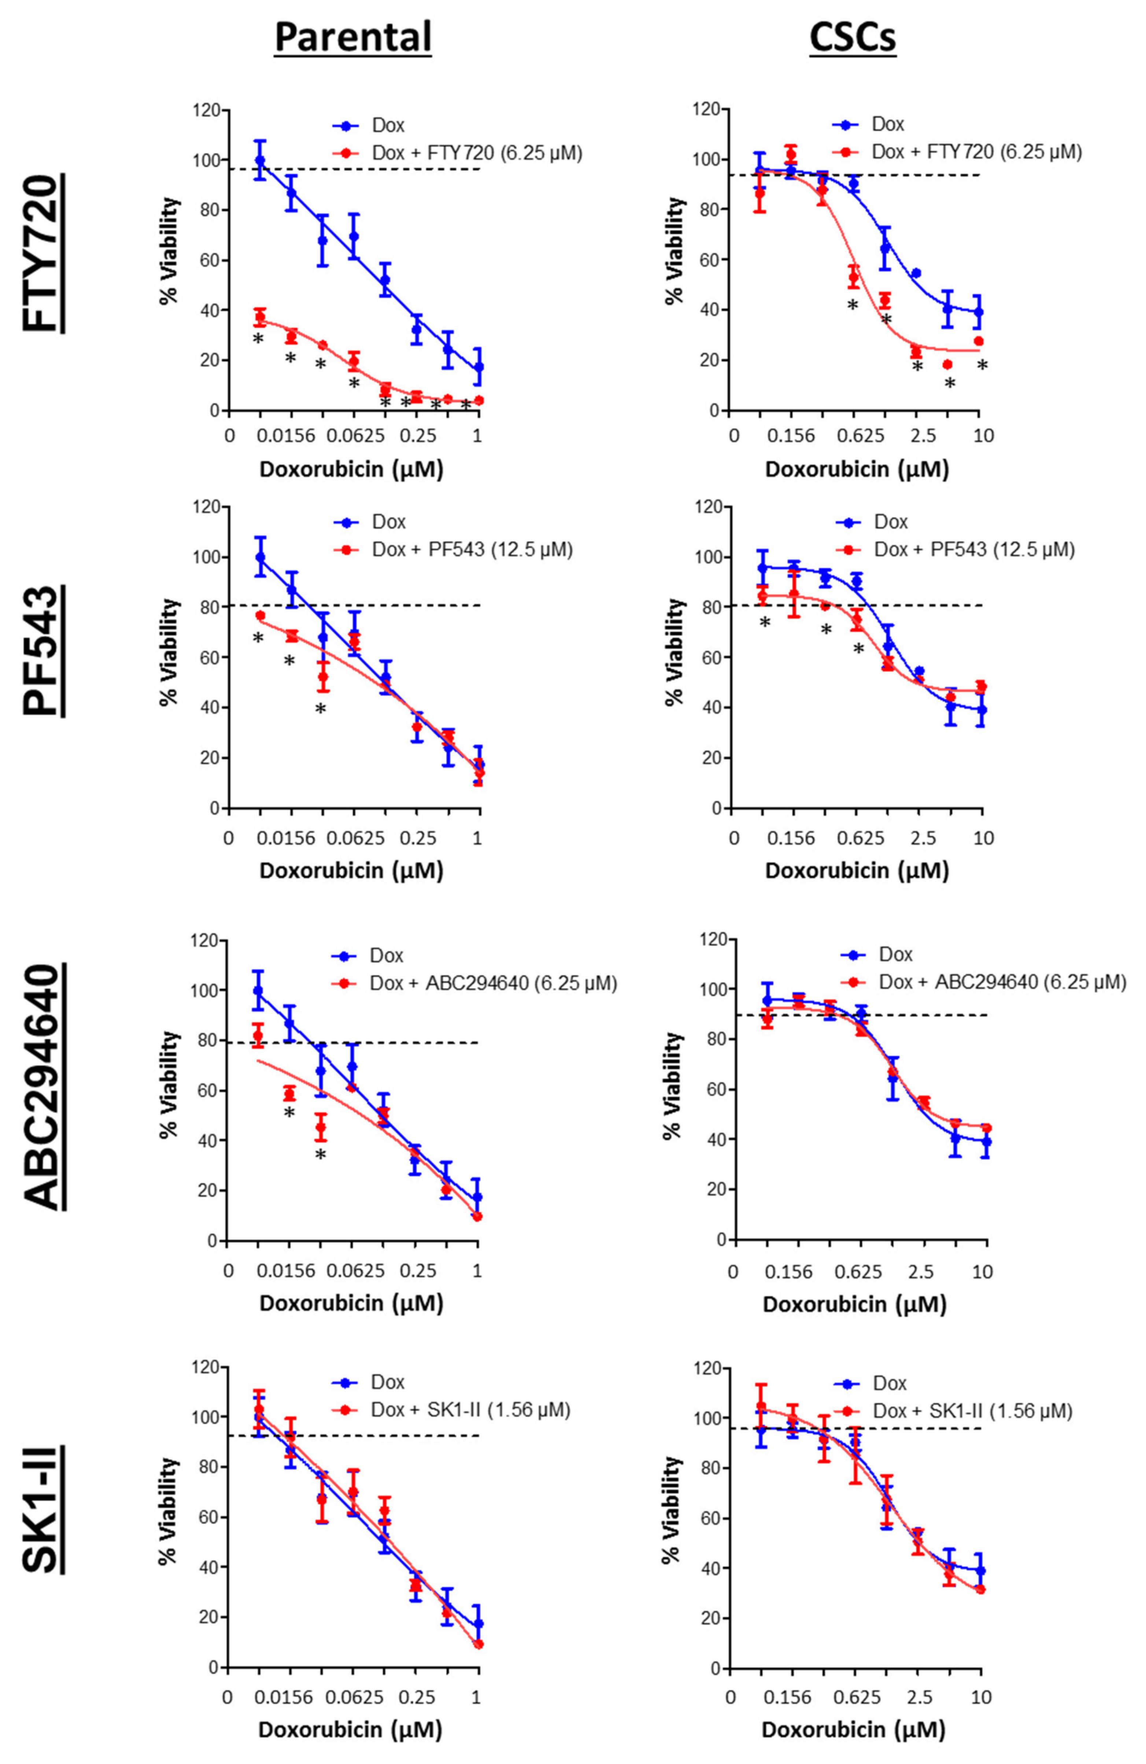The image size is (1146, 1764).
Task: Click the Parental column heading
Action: pos(353,37)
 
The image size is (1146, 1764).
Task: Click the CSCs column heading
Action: pos(853,37)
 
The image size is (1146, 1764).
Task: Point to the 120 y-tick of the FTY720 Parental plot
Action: pos(206,111)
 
